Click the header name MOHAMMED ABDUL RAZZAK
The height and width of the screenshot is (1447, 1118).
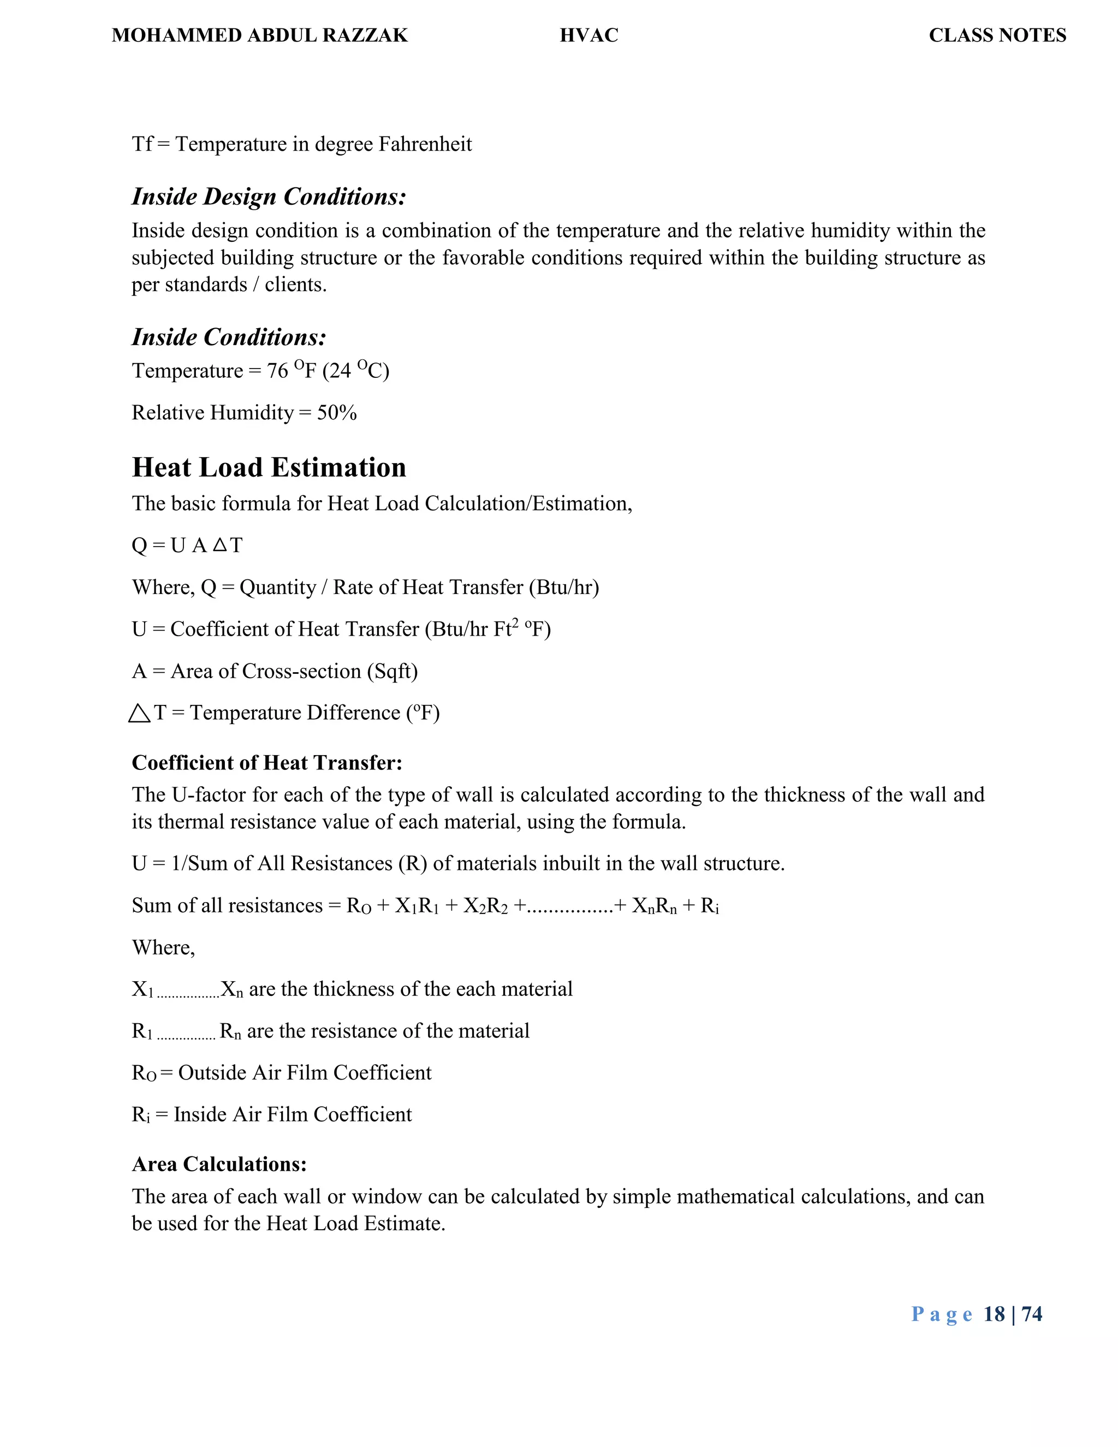tap(260, 35)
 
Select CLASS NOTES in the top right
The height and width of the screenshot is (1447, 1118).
tap(997, 35)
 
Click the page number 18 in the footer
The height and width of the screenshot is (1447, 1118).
tap(994, 1314)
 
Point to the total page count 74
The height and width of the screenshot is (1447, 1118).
tap(1032, 1314)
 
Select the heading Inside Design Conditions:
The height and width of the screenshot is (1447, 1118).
tap(269, 197)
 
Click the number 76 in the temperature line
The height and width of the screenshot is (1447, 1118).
tap(277, 371)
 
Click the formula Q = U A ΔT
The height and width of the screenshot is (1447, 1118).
tap(187, 545)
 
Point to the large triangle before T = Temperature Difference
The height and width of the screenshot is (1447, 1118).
tap(139, 714)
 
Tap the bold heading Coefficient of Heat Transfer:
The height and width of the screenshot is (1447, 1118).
tap(267, 763)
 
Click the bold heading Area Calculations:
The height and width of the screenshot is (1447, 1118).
tap(219, 1164)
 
